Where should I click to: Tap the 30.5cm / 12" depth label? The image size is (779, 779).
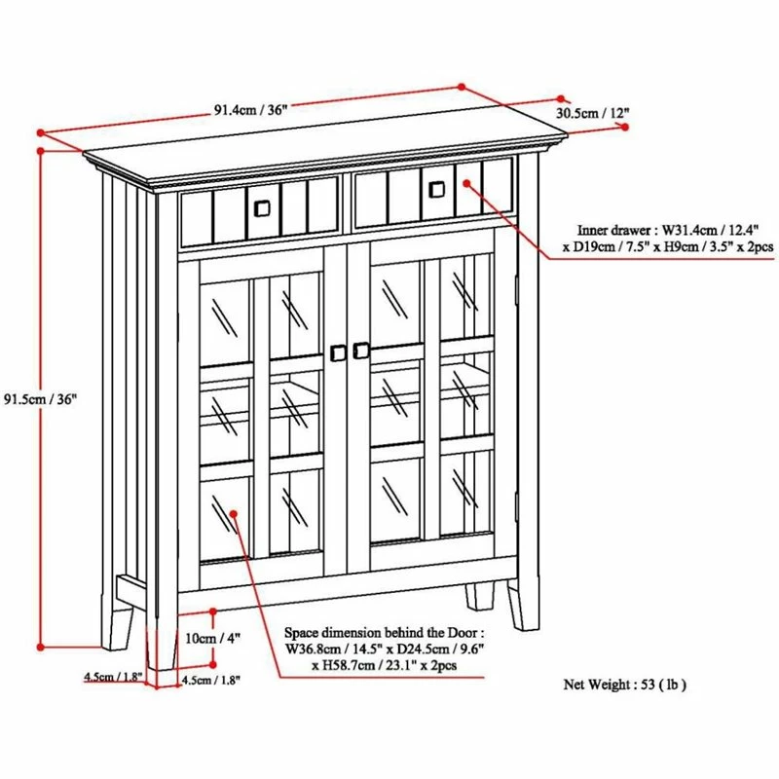[592, 113]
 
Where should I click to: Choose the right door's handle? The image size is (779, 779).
[362, 349]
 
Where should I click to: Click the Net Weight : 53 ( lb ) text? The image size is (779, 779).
[625, 685]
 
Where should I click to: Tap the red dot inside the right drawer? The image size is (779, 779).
[464, 181]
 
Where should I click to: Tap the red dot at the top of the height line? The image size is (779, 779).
[40, 150]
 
